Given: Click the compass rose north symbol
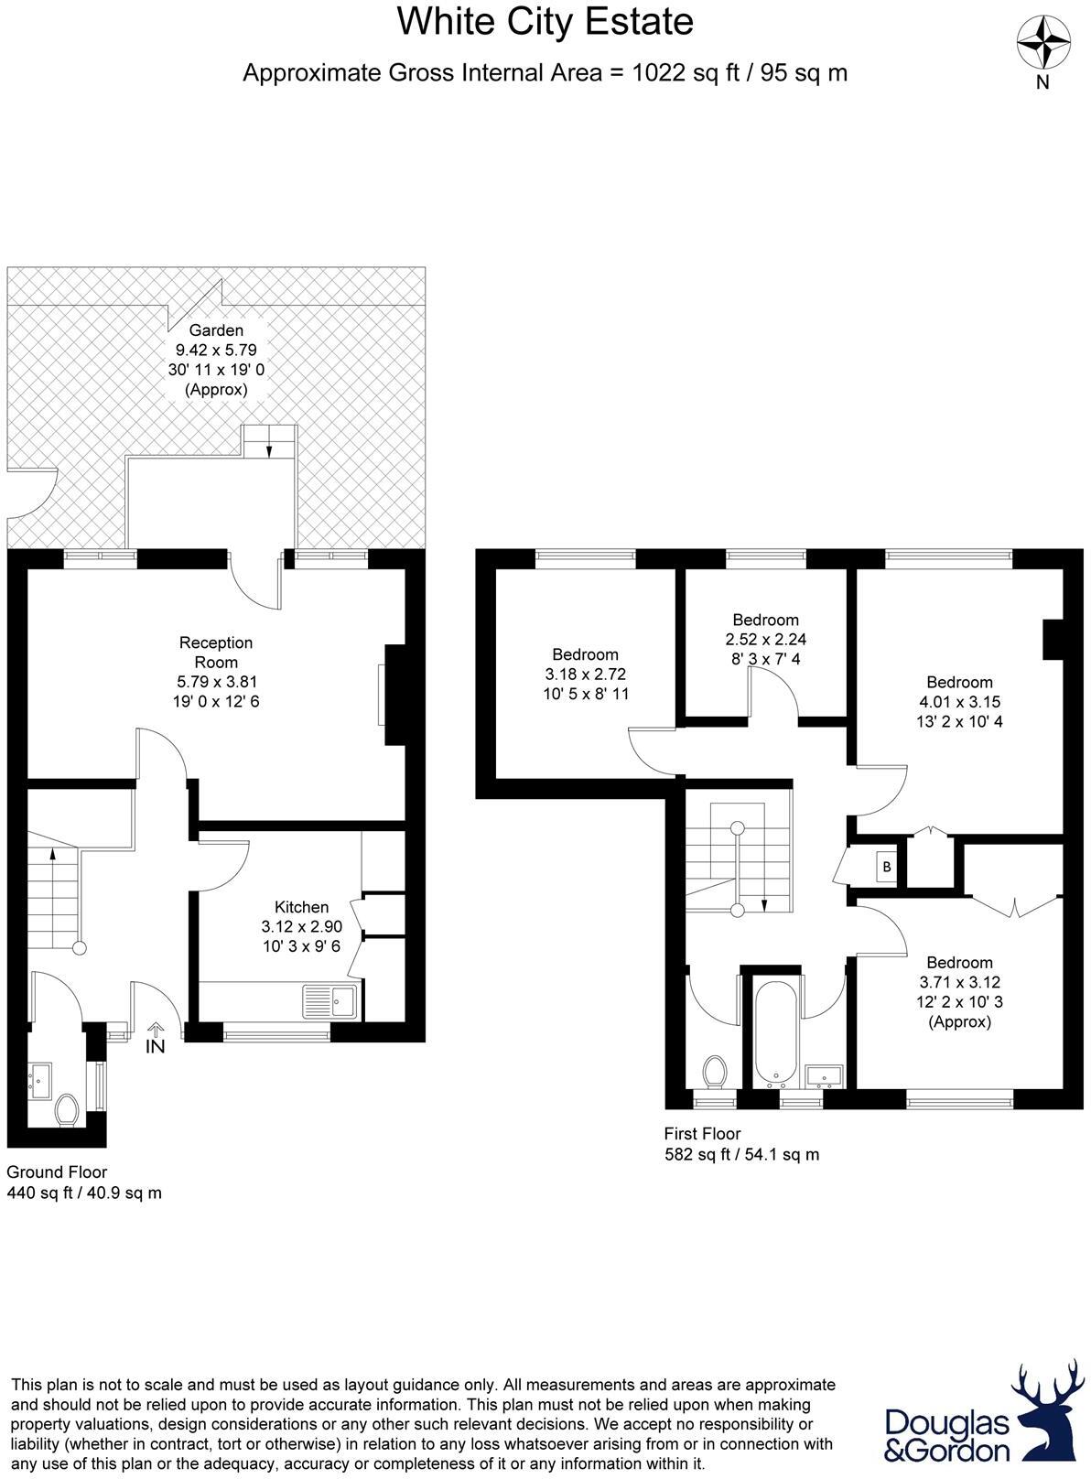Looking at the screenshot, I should point(1043,43).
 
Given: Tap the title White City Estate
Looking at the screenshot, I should point(545,23).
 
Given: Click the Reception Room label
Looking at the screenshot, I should point(215,652).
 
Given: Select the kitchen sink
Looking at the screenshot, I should point(330,1001).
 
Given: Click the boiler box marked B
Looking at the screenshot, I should point(886,866).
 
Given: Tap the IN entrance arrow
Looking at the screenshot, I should point(155,1038).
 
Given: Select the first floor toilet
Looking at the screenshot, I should point(714,1070).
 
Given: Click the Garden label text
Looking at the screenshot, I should point(216,330).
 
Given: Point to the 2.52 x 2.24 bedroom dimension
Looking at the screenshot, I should point(765,640).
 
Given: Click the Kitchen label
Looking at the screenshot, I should point(301,907).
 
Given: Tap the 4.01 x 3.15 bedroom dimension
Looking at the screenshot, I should point(959,702).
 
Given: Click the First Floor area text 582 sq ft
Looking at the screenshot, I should point(741,1154).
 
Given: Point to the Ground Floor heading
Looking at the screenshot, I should point(57,1171).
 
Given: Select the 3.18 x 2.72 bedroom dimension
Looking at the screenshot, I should point(585,675).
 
